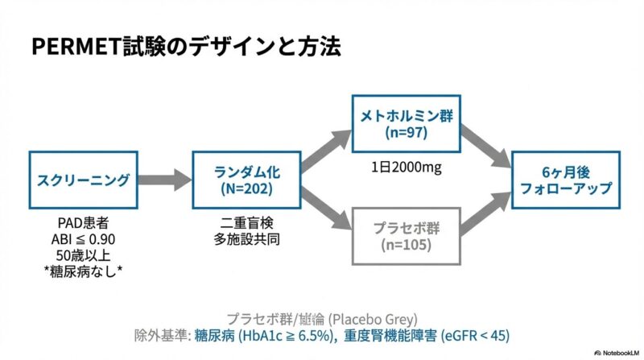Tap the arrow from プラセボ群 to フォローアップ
pos(487,211)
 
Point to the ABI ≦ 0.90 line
pos(83,239)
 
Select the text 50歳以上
pos(83,255)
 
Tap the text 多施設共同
pos(242,239)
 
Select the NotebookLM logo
pos(615,352)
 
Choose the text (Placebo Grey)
pos(373,318)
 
